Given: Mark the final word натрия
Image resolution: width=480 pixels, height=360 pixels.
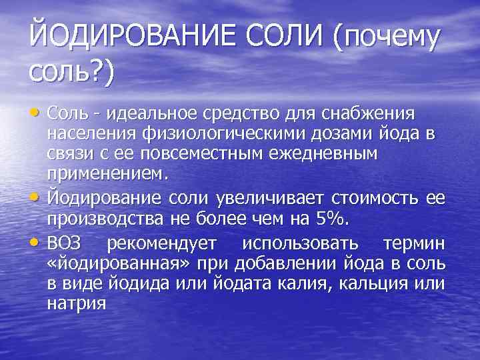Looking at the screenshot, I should pos(77,304).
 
